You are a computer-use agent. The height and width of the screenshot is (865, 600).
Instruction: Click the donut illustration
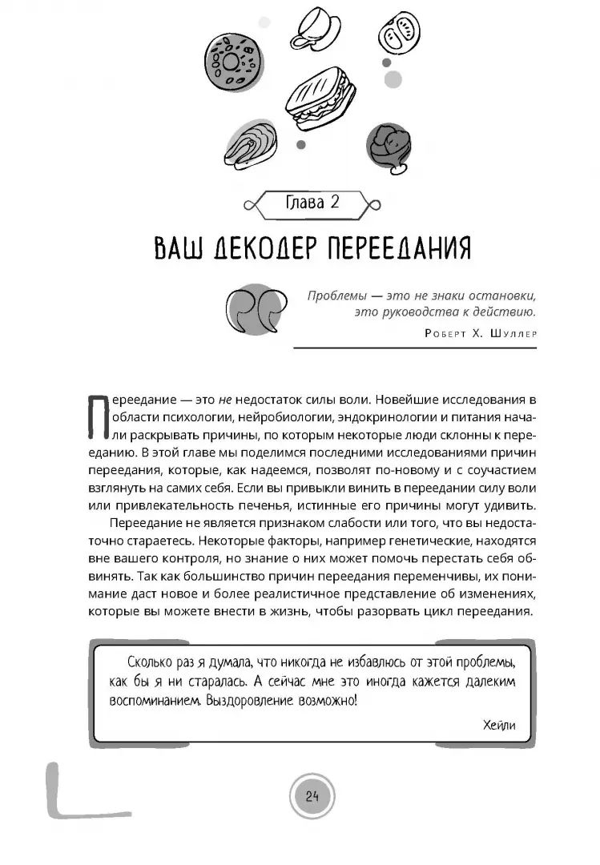pos(232,60)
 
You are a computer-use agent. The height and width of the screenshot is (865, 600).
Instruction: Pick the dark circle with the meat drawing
pos(389,146)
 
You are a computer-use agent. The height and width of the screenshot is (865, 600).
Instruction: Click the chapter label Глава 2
pos(312,203)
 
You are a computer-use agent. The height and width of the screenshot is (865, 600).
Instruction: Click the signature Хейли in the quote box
pos(500,726)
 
